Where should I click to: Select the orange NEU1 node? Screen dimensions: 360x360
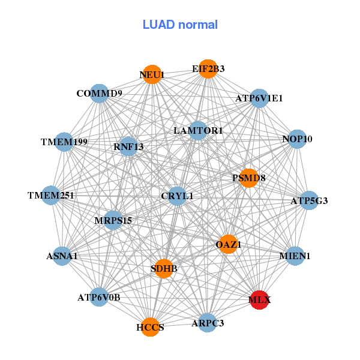coord(152,74)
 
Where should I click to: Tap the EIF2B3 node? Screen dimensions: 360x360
coord(208,69)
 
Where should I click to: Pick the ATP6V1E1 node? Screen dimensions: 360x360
coord(259,98)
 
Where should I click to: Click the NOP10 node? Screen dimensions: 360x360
coord(297,139)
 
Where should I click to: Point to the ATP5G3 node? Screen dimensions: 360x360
coord(308,200)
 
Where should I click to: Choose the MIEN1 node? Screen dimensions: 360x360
coord(295,256)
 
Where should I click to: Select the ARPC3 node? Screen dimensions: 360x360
coord(208,323)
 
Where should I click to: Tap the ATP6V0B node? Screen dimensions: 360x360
coord(100,296)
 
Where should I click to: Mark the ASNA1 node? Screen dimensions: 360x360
coord(62,256)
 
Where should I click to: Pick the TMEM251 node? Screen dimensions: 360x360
coord(51,196)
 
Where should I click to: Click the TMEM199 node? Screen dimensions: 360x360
coord(64,142)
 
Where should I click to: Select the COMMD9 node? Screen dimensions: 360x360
coord(100,94)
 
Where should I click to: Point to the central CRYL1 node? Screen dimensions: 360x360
coord(177,196)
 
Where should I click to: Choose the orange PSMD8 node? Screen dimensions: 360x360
coord(249,178)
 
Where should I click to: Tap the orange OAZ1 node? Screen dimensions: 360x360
coord(228,244)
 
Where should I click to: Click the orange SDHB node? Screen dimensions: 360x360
coord(164,268)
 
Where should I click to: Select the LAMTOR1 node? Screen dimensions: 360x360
coord(198,130)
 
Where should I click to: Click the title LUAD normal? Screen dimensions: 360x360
coord(180,25)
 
